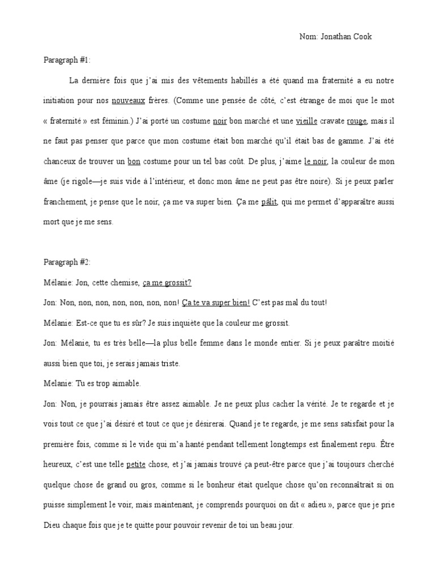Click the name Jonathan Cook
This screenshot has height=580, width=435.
click(x=346, y=37)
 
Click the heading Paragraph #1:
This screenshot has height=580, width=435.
click(x=67, y=60)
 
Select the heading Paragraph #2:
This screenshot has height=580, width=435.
click(x=67, y=262)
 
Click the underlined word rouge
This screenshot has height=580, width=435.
click(x=356, y=121)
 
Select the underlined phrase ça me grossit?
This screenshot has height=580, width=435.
click(x=168, y=282)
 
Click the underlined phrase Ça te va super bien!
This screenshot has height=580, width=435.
click(x=216, y=302)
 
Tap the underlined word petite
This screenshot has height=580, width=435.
click(x=135, y=464)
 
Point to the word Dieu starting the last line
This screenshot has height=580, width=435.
click(x=52, y=525)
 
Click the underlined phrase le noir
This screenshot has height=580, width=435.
click(x=315, y=161)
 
